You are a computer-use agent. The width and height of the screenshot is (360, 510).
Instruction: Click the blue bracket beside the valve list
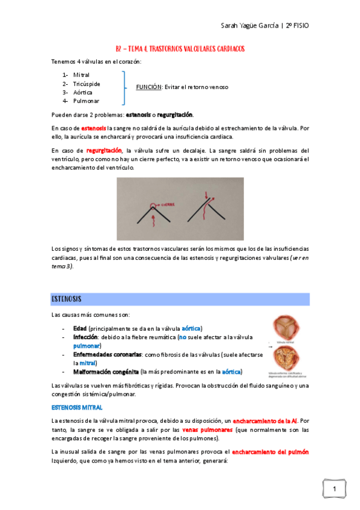[x=124, y=87]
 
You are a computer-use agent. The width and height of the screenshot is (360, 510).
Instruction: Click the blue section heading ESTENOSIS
[x=67, y=299]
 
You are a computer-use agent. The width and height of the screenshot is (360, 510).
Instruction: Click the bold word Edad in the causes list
[x=80, y=328]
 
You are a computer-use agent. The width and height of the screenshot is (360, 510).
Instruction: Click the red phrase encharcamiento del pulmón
[x=270, y=451]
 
